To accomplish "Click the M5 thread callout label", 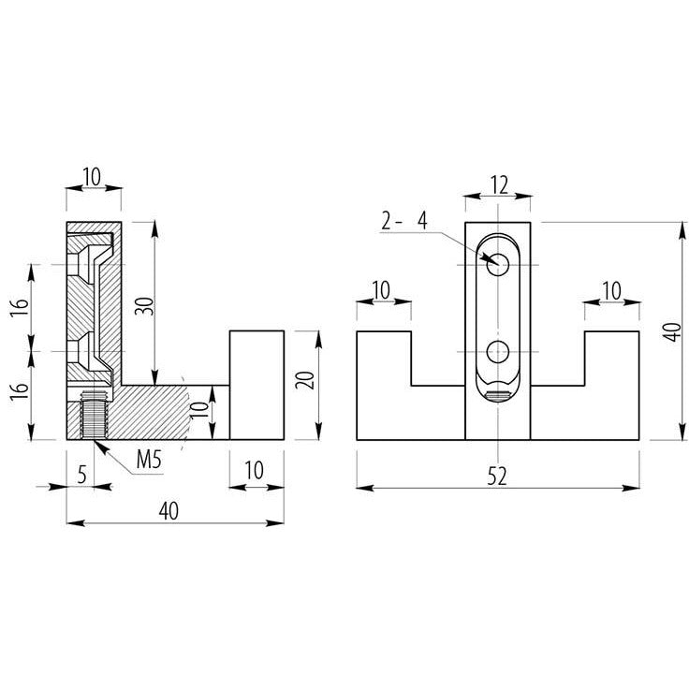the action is tap(149, 460).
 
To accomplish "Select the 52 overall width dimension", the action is tap(497, 476).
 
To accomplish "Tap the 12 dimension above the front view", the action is tap(499, 185).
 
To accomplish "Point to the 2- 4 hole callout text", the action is tap(403, 221).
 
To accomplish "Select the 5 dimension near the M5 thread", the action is tap(81, 475).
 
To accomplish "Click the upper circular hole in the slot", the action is tap(498, 265).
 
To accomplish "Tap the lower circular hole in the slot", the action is tap(498, 352).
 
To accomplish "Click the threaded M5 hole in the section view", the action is tap(94, 415).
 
